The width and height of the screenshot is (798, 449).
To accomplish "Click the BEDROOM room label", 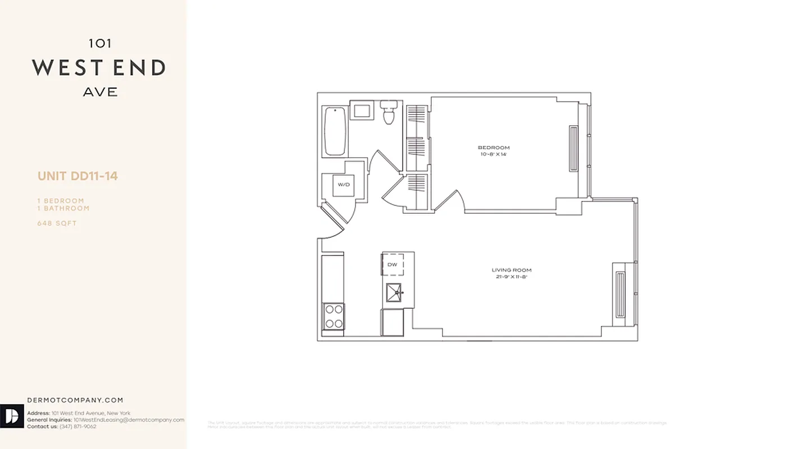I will [494, 148].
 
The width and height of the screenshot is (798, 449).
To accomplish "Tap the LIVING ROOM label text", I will [512, 270].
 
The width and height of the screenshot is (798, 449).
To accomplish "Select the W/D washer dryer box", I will [343, 185].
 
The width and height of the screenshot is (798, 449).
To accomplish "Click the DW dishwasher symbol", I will [393, 264].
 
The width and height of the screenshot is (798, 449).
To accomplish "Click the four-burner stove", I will [334, 316].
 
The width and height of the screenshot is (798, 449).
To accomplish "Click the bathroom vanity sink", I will [361, 109].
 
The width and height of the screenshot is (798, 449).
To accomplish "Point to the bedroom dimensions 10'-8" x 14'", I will [494, 154].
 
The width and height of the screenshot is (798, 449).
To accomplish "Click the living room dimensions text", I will [512, 277].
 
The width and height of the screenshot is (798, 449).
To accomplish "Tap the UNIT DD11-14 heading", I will [77, 176].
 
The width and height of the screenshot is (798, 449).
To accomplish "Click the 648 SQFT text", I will [57, 223].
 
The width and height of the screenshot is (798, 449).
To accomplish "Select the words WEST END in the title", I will [99, 68].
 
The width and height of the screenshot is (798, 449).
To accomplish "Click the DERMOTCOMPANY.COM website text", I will [75, 400].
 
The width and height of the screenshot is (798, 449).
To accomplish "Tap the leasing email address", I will [129, 420].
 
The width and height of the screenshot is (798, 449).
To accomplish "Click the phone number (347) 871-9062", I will [77, 427].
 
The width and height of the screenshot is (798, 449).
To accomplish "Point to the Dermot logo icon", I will [11, 416].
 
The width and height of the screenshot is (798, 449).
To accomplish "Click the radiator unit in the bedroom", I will [573, 148].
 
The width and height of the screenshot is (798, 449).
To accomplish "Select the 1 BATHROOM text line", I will [63, 208].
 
